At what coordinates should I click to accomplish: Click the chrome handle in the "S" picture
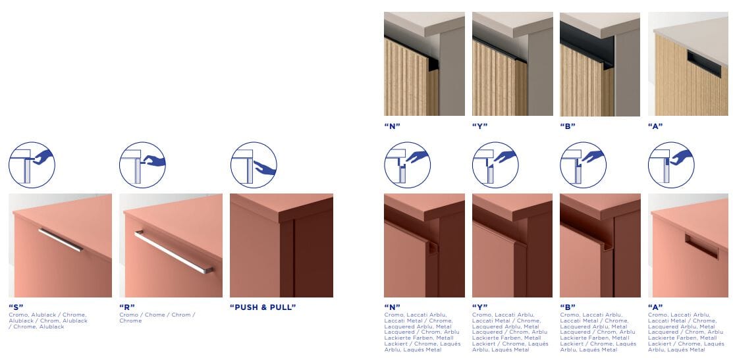click(x=61, y=240)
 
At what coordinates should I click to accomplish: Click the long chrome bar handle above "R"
click(x=173, y=251)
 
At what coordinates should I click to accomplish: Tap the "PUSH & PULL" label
click(x=263, y=307)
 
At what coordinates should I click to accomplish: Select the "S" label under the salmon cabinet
click(x=16, y=307)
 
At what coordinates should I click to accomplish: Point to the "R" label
click(x=127, y=307)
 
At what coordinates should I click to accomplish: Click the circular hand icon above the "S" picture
click(x=32, y=165)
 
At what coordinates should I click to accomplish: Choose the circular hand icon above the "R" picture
click(x=142, y=165)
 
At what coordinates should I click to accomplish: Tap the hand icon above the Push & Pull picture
click(x=254, y=165)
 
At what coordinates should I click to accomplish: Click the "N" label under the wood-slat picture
click(x=393, y=126)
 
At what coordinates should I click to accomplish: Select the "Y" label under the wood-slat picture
click(x=479, y=126)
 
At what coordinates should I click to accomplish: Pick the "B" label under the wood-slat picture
click(x=568, y=126)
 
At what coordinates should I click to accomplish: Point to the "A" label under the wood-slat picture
click(x=655, y=126)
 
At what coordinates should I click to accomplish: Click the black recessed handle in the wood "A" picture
click(x=704, y=64)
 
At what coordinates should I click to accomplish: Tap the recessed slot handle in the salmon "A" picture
click(x=701, y=246)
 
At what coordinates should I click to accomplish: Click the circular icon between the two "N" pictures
click(x=408, y=165)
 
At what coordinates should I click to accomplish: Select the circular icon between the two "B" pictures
click(x=584, y=165)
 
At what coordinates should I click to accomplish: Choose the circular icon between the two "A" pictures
click(x=671, y=165)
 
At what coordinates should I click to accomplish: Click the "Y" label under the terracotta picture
click(x=479, y=307)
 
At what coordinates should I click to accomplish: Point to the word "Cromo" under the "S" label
click(x=18, y=315)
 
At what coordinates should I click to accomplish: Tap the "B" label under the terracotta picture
click(x=568, y=307)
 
